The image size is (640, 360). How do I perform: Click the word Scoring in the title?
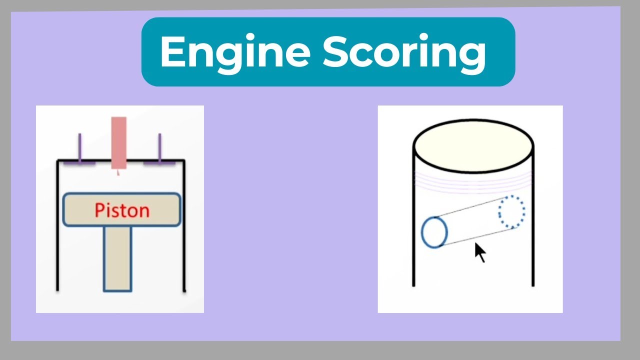404,52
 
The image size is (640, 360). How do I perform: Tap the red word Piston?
122,210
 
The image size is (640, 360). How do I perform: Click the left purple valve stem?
79,147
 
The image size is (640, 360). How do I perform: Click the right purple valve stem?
159,147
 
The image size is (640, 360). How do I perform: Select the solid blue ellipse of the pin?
434,232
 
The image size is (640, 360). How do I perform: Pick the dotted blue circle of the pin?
511,212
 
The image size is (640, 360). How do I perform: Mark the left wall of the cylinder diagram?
58,225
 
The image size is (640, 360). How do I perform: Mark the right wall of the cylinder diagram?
184,225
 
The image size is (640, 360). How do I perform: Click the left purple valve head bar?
79,162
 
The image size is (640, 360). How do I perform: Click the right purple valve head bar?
159,162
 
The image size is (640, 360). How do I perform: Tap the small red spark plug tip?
118,172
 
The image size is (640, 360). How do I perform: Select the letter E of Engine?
170,52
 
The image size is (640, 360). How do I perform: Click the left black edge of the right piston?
413,225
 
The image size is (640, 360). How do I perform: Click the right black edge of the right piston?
533,225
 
